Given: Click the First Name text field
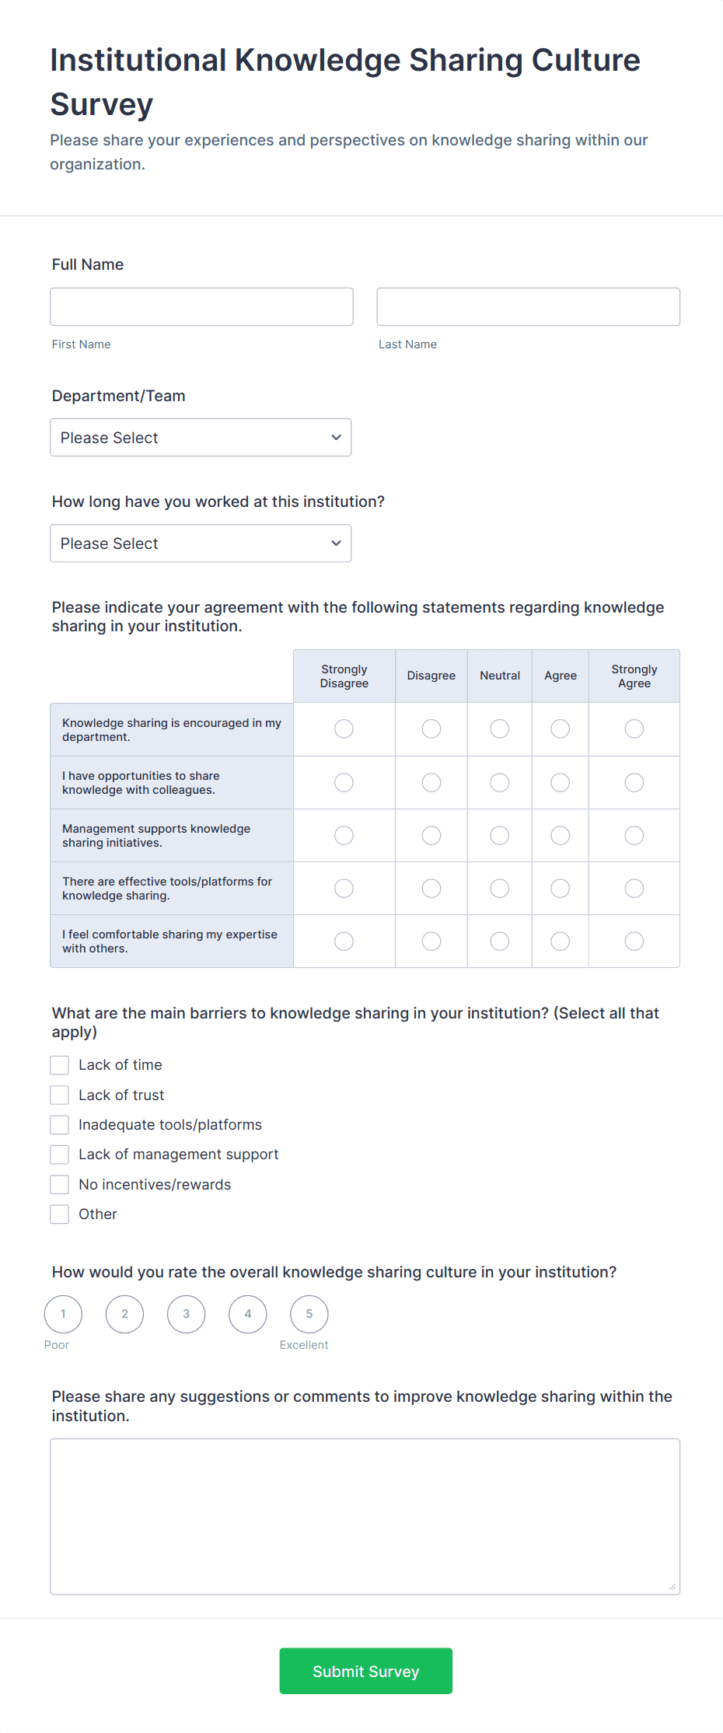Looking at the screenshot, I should (201, 307).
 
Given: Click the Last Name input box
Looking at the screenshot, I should (528, 307).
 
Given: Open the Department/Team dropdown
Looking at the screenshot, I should (201, 438).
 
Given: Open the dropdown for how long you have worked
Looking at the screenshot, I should (201, 543).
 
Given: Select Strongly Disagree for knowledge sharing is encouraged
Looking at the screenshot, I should (344, 728).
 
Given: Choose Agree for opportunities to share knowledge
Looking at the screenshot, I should (560, 782).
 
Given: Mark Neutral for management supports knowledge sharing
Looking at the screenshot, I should (500, 835).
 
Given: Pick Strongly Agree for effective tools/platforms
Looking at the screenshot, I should (634, 888).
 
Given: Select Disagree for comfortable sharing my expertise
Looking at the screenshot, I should (431, 942).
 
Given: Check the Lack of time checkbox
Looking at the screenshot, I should (60, 1065).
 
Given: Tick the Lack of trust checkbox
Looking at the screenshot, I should (60, 1095).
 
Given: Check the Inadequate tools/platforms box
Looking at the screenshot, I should (60, 1125).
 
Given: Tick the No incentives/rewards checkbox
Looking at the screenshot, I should (60, 1185).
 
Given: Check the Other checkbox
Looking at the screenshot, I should (60, 1214).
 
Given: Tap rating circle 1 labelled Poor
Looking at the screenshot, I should (64, 1314).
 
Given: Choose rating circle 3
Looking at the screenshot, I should (187, 1314).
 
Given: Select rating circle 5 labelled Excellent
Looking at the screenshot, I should (309, 1314).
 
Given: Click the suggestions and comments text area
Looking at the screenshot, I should (365, 1516).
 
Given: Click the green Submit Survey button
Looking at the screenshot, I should (365, 1671).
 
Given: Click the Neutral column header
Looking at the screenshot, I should (500, 676).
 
